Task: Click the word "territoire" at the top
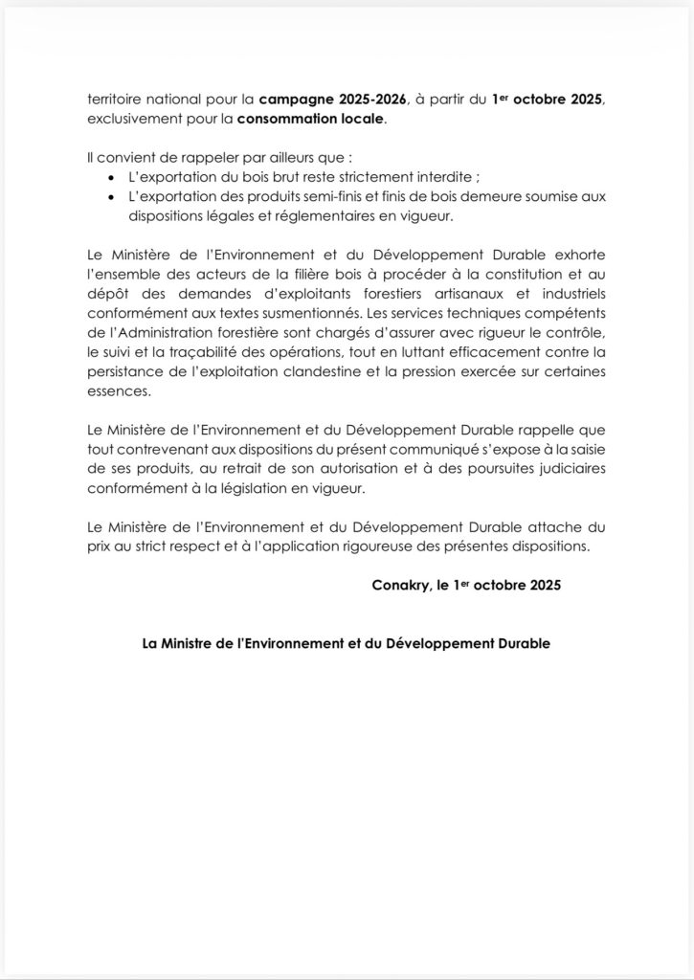point(118,99)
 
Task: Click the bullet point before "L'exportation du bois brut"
point(114,178)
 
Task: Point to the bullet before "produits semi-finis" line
point(114,197)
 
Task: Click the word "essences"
point(117,392)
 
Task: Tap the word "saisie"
point(584,450)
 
